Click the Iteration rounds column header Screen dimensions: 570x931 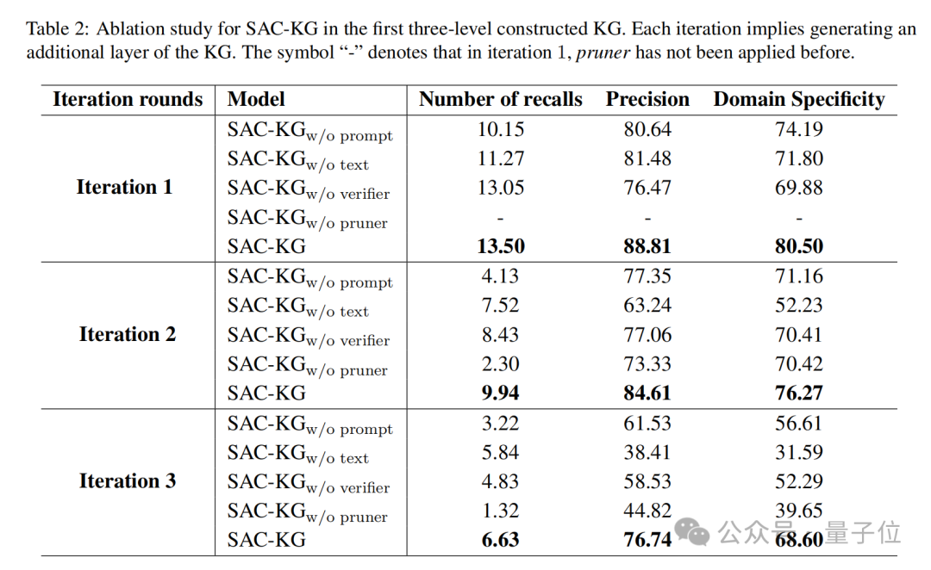coord(128,100)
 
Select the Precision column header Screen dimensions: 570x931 coord(647,100)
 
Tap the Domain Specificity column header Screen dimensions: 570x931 coord(798,100)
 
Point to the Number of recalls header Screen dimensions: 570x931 coord(500,100)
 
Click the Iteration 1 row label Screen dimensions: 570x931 coord(124,188)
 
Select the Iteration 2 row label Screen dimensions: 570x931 coord(127,334)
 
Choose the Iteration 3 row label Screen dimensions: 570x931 coord(127,481)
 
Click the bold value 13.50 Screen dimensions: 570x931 coord(500,246)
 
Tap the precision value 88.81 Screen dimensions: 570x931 coord(647,246)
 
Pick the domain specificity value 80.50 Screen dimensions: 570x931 coord(798,246)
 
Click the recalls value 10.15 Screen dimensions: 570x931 coord(500,129)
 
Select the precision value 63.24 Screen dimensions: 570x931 coord(647,305)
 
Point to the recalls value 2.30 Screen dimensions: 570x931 coord(500,363)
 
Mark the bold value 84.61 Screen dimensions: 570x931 coord(647,393)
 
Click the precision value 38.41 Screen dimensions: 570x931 coord(647,452)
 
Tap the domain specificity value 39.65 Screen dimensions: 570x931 coord(798,511)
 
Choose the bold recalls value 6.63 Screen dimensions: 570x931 coord(500,540)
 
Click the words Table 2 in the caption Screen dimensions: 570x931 coord(57,29)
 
